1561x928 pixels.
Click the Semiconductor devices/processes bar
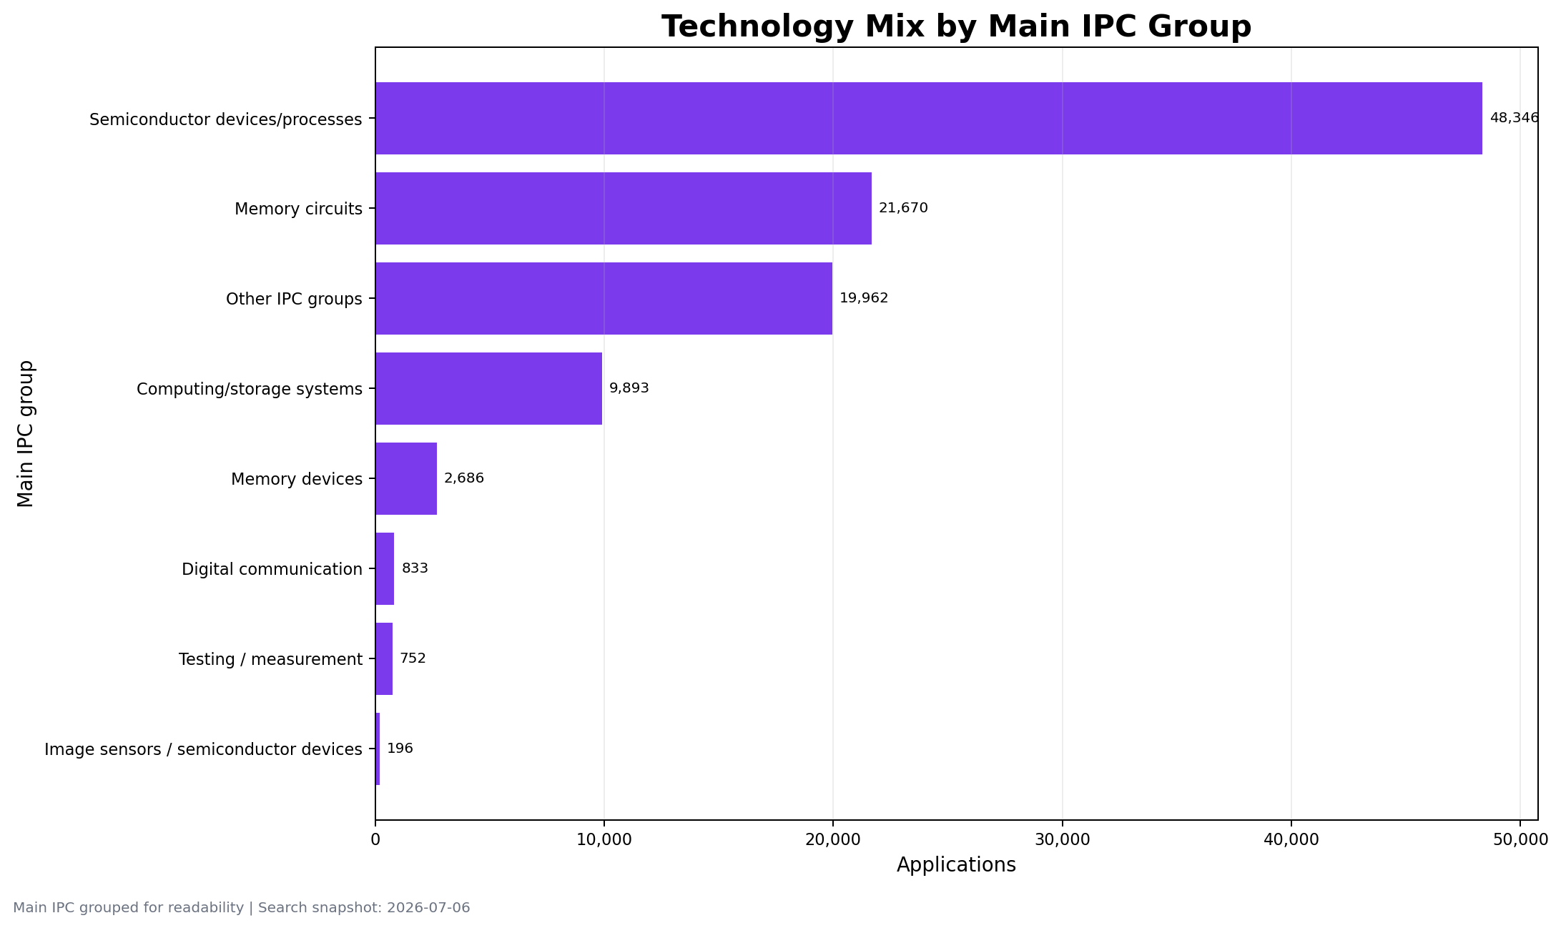pos(929,118)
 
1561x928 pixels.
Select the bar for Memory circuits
pos(624,208)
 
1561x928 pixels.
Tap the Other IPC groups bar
pos(604,298)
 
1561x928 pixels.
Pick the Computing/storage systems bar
pos(489,388)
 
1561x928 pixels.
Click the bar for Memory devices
pos(406,478)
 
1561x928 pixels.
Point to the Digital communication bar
pos(385,568)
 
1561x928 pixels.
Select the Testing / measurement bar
pos(384,658)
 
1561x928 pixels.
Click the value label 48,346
pos(1514,118)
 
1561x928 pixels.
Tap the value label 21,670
pos(903,208)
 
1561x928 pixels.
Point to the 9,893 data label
pos(629,388)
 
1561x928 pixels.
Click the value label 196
pos(400,749)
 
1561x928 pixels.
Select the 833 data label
pos(415,568)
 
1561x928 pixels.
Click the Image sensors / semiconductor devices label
pos(203,749)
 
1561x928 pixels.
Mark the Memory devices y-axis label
pos(297,479)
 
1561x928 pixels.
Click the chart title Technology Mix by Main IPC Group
pos(956,26)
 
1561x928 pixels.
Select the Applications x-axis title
pos(956,865)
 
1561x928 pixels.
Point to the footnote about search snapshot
pos(242,908)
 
